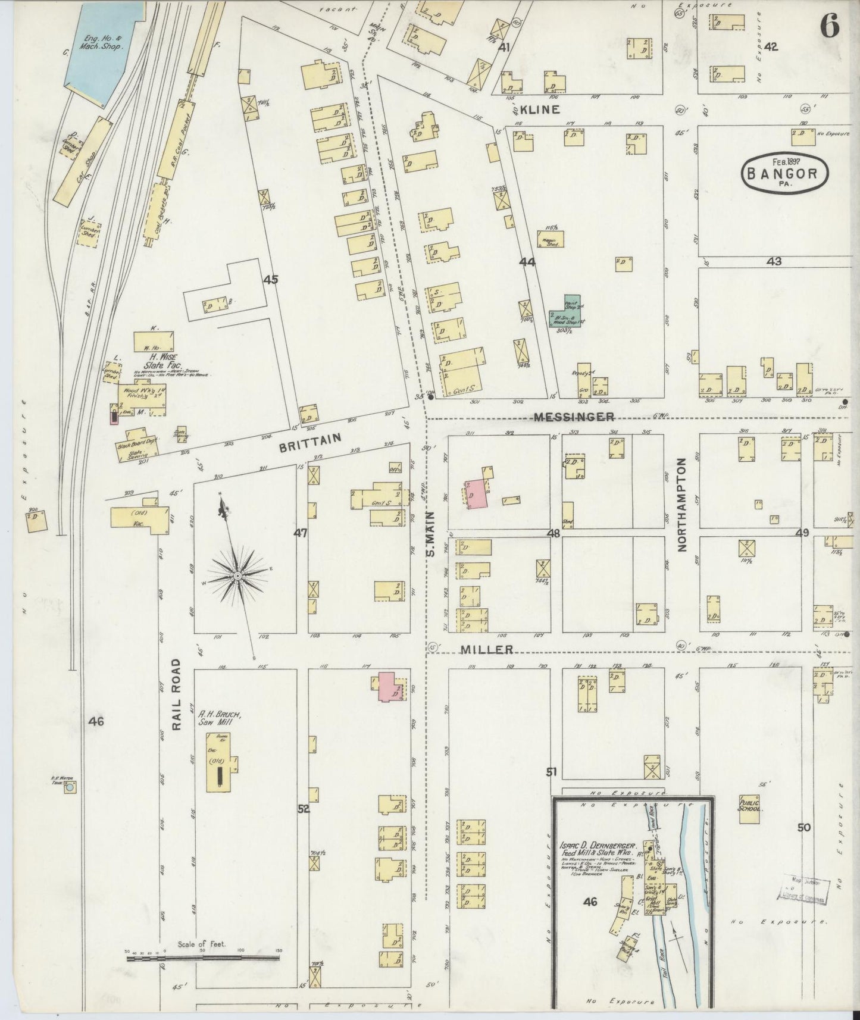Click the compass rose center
[237, 576]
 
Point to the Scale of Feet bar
[202, 959]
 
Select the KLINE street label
[539, 109]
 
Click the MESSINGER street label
[574, 417]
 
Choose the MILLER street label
[486, 649]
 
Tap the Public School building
[749, 809]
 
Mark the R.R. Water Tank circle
[70, 788]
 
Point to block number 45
[271, 279]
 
